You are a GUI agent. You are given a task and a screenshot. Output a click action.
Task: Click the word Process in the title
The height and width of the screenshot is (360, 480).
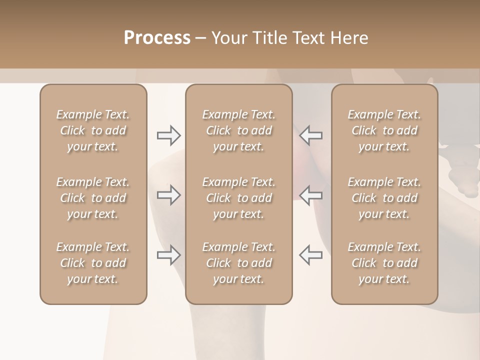click(x=157, y=38)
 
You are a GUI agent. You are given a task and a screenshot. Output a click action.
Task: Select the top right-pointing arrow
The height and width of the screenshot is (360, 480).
click(x=169, y=135)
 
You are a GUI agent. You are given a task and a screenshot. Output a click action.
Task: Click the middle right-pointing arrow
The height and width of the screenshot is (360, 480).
click(x=169, y=195)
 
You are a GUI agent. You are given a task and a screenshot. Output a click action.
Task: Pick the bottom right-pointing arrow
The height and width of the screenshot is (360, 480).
click(x=169, y=255)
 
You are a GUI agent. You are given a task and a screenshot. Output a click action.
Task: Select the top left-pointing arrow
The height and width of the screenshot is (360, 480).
click(x=310, y=135)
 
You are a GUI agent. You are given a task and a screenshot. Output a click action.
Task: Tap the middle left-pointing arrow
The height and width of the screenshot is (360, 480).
click(x=310, y=195)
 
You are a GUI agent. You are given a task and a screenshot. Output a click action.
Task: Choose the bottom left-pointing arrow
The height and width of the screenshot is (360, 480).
click(x=310, y=255)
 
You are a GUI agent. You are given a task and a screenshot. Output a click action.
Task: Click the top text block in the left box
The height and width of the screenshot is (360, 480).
click(x=93, y=130)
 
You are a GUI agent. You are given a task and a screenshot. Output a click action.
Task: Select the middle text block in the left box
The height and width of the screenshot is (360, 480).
click(x=93, y=198)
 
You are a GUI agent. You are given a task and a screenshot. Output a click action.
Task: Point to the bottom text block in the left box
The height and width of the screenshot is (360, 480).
click(x=93, y=263)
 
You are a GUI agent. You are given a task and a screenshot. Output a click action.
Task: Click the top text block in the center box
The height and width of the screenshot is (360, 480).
click(x=238, y=130)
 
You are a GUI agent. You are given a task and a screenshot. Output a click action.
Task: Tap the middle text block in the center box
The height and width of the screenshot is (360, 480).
click(x=238, y=198)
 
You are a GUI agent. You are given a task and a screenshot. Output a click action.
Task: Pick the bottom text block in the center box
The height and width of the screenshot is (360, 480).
click(x=238, y=263)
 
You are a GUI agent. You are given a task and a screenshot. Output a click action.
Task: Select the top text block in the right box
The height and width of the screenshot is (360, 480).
click(x=384, y=130)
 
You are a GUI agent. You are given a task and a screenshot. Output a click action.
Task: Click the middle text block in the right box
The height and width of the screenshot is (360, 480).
click(x=384, y=198)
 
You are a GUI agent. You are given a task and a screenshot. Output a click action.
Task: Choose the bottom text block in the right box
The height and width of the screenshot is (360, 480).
click(x=384, y=263)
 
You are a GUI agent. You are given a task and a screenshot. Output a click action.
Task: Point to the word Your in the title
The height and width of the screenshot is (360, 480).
click(x=228, y=38)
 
